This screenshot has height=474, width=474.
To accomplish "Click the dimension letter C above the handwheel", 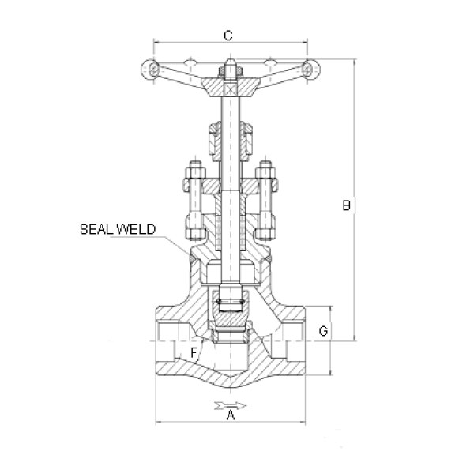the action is coord(228,36).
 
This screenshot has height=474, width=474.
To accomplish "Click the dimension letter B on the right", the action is coord(347,205).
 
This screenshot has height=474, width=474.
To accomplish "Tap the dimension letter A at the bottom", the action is coord(231,415).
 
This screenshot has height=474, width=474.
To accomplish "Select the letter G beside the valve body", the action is coord(323,331).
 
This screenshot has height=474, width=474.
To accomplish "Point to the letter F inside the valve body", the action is coord(194,352).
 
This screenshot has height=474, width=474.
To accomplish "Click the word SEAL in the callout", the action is coord(97,229).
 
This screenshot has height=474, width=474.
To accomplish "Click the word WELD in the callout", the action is coord(137,229).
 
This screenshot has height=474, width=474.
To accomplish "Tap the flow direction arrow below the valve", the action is coord(231,405).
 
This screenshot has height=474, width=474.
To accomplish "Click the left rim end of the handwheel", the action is coord(150,70).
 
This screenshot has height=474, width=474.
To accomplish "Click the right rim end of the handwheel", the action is coord(311,70).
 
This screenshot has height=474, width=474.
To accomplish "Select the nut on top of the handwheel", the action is coord(231,71).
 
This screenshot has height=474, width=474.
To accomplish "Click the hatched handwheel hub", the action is coord(231,87).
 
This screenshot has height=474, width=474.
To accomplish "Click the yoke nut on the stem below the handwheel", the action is coord(231,141).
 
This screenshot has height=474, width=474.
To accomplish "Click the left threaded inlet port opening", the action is coord(167,341).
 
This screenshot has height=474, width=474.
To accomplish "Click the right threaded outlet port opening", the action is coord(294,341).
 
